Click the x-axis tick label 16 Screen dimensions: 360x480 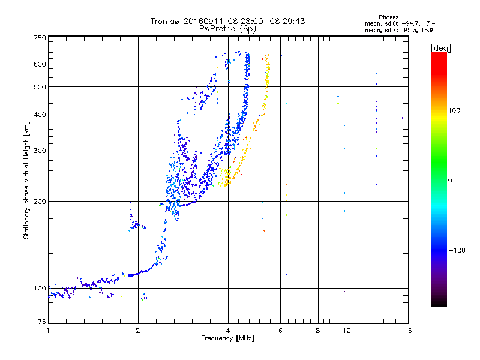tap(407, 331)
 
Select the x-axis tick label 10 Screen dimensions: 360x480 tap(346, 331)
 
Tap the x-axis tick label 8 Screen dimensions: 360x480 tap(318, 331)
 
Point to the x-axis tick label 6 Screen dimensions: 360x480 tap(280, 331)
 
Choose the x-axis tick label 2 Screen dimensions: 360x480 tap(138, 331)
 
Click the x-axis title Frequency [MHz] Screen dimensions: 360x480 tap(227, 339)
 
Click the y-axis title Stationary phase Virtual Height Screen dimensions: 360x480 tap(26, 180)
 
